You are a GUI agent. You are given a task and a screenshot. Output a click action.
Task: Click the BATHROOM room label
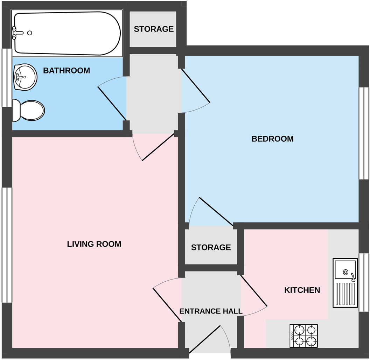(67, 71)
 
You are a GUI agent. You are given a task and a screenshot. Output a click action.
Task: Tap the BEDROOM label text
(272, 139)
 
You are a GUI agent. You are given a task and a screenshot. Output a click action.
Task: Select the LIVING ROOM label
(94, 244)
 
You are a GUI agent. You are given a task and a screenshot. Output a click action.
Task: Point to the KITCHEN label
(302, 290)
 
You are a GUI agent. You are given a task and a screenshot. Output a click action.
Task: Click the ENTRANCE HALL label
(211, 311)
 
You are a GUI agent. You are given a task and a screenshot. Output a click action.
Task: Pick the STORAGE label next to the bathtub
(154, 29)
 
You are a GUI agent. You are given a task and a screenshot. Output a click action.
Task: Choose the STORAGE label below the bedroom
(211, 248)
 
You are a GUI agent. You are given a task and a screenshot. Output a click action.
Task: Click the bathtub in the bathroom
(67, 33)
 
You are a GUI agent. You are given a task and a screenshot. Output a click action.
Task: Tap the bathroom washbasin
(25, 77)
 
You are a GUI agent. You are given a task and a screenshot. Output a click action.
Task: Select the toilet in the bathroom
(29, 111)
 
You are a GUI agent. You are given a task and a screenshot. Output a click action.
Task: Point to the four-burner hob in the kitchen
(303, 336)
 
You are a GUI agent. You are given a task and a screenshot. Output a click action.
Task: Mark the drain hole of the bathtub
(30, 33)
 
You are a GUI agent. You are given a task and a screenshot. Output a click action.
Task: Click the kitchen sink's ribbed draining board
(345, 294)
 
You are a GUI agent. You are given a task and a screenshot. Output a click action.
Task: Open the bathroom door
(112, 103)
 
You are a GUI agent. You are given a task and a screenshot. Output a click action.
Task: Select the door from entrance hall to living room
(167, 304)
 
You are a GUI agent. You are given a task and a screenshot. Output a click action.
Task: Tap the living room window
(7, 245)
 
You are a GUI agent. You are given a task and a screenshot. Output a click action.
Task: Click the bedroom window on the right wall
(364, 133)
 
